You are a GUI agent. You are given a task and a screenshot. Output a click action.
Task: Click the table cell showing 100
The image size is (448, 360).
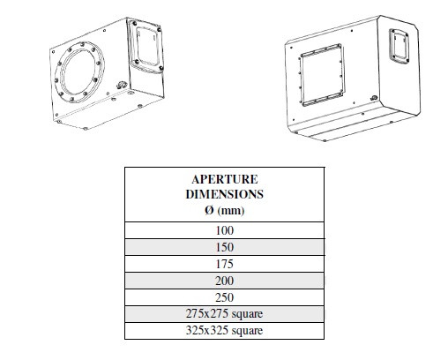[225, 230]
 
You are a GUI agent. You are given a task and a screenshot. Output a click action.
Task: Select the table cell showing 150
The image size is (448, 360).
[225, 247]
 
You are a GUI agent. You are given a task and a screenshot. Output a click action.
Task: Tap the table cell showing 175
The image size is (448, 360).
[225, 264]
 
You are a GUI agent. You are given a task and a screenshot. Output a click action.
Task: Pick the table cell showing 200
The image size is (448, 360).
[225, 281]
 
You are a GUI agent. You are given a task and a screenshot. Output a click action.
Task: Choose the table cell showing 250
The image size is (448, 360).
[225, 297]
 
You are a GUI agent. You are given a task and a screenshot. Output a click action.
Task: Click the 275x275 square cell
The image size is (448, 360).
[225, 314]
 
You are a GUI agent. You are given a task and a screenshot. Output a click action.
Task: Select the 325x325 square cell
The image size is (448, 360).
[225, 331]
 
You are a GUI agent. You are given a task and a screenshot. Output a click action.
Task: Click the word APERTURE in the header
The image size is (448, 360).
[225, 179]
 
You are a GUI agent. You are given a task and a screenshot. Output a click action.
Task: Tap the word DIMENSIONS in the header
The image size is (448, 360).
[225, 194]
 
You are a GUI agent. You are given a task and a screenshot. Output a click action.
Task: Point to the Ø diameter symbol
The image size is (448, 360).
[209, 210]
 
